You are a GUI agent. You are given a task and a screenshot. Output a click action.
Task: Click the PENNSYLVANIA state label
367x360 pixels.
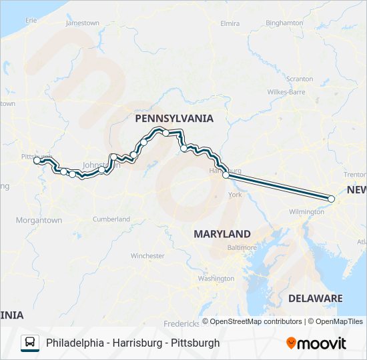(174, 119)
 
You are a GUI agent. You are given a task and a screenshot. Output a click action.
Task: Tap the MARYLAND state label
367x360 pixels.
(222, 234)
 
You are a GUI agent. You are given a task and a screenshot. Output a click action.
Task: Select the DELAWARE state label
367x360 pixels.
(316, 298)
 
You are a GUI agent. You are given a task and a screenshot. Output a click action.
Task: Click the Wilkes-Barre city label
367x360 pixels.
(286, 91)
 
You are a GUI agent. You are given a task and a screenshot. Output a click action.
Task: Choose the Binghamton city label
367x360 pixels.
(284, 23)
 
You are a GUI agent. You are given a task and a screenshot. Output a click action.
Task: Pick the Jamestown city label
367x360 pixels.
(83, 23)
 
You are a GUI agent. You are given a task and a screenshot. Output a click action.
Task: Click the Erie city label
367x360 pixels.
(31, 21)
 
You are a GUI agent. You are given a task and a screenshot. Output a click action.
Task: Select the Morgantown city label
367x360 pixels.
(39, 220)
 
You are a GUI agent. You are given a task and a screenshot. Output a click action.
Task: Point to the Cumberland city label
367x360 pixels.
(111, 219)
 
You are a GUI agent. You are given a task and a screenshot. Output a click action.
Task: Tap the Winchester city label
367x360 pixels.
(147, 256)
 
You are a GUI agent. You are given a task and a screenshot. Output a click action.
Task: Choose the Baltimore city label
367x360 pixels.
(242, 247)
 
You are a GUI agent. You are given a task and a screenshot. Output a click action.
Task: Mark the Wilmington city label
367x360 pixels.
(307, 211)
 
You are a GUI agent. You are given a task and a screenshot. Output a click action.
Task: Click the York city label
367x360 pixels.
(235, 195)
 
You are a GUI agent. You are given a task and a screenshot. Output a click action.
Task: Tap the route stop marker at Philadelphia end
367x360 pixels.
(332, 199)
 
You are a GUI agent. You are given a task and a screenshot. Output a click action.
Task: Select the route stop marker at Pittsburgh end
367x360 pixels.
(37, 160)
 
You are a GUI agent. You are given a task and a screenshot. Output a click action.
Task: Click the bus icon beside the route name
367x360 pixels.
(30, 343)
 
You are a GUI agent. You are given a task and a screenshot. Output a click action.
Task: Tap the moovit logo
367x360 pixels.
(316, 343)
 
